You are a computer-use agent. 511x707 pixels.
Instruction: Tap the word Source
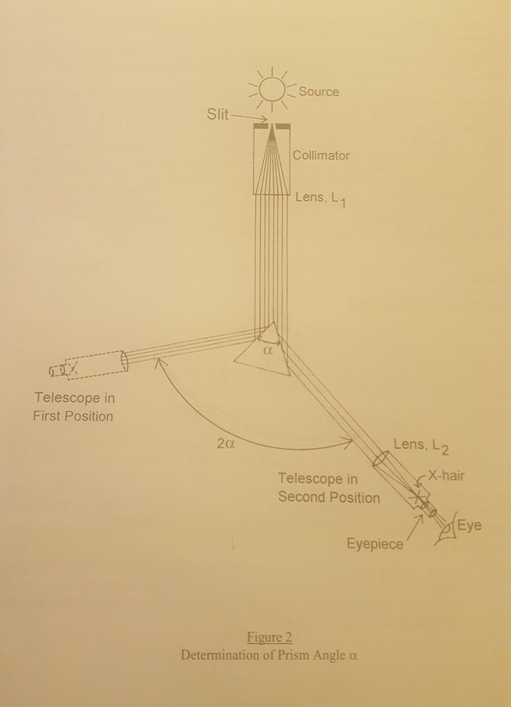[319, 91]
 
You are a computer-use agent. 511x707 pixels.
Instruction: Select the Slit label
[217, 114]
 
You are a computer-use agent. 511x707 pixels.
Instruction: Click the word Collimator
[321, 156]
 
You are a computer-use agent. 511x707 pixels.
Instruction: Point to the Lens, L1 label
[321, 200]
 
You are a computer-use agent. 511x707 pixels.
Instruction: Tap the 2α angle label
[226, 444]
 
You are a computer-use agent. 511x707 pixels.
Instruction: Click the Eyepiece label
[375, 544]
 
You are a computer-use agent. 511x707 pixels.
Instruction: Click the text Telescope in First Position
[74, 407]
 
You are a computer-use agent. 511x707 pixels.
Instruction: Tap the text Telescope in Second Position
[329, 488]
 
